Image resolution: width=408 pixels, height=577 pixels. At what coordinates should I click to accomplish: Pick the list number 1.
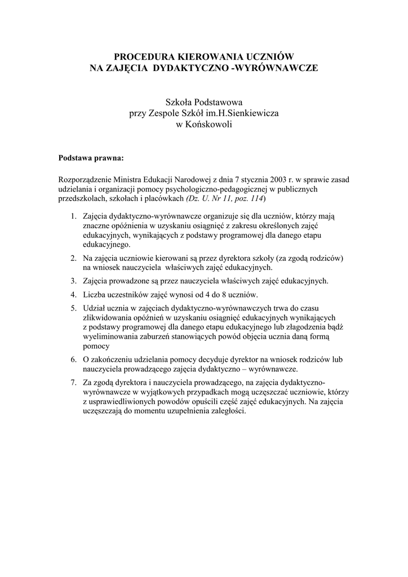pyautogui.click(x=74, y=216)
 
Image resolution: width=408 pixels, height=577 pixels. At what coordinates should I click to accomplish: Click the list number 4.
pyautogui.click(x=74, y=294)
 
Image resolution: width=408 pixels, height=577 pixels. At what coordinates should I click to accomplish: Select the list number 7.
pyautogui.click(x=74, y=382)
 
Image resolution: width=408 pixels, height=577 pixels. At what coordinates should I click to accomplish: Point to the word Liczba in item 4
pyautogui.click(x=94, y=294)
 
